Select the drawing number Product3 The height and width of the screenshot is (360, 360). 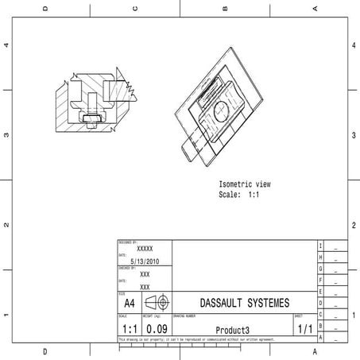coord(233,330)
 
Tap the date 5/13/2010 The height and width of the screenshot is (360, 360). coord(144,260)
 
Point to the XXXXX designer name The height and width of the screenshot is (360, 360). coord(145,249)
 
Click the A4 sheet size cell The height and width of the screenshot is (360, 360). coord(130,304)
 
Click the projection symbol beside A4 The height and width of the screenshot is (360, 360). coord(159,303)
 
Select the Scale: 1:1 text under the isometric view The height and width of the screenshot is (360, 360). coord(239,195)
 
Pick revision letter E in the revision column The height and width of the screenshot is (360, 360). coord(320,303)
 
